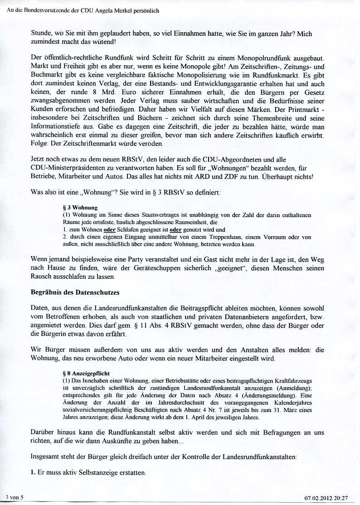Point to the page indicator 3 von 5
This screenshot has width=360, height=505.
(x=15, y=497)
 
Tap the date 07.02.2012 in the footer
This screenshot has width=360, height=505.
(x=319, y=498)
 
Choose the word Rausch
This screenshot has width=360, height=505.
(x=41, y=276)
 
